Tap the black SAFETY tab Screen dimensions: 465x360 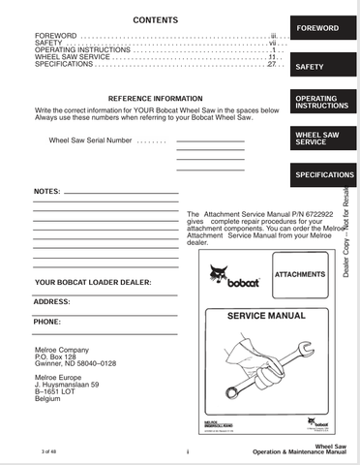[x=310, y=68]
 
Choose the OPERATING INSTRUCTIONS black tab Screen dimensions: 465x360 [x=321, y=102]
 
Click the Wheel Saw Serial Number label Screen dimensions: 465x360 [x=90, y=140]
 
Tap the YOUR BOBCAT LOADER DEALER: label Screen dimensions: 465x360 [x=92, y=283]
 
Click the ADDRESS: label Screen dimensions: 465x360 [x=51, y=302]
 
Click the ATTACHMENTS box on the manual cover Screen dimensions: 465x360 [x=300, y=275]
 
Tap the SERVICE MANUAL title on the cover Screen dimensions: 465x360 [x=265, y=317]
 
